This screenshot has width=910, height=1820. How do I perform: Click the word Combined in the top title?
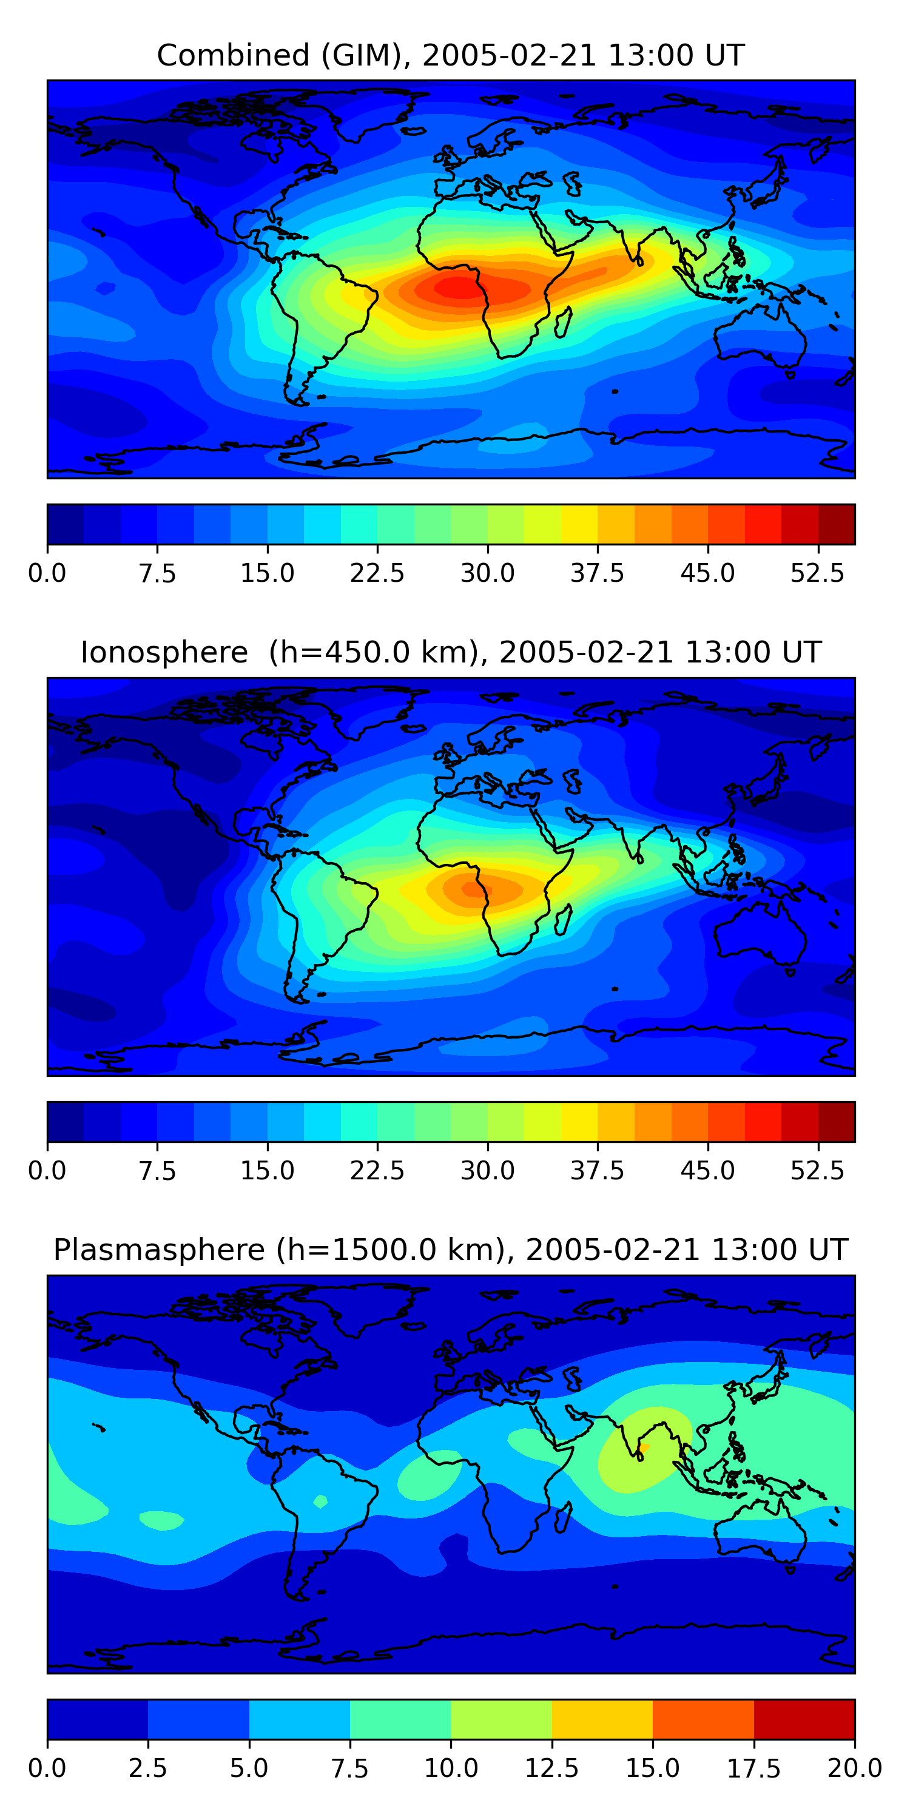point(232,55)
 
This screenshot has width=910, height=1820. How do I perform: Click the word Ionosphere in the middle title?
point(164,652)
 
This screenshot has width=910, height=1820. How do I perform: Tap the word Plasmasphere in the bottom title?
point(159,1250)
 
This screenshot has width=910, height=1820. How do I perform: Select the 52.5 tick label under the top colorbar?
point(817,573)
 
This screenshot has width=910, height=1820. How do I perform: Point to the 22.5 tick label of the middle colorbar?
point(377,1171)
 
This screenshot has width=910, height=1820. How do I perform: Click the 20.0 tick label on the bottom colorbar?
point(854,1768)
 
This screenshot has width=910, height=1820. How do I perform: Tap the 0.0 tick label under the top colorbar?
point(47,573)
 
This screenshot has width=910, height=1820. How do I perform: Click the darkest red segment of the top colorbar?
point(837,524)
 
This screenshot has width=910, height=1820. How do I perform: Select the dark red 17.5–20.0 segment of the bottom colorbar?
point(804,1719)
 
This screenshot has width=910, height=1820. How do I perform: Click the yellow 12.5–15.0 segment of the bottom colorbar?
point(602,1719)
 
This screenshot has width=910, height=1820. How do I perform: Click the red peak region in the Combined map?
point(459,288)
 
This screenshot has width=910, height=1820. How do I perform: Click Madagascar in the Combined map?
point(564,322)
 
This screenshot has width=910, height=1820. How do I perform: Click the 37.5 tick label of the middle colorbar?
point(597,1171)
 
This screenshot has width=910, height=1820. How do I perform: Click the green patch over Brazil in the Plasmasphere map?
point(321,1501)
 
